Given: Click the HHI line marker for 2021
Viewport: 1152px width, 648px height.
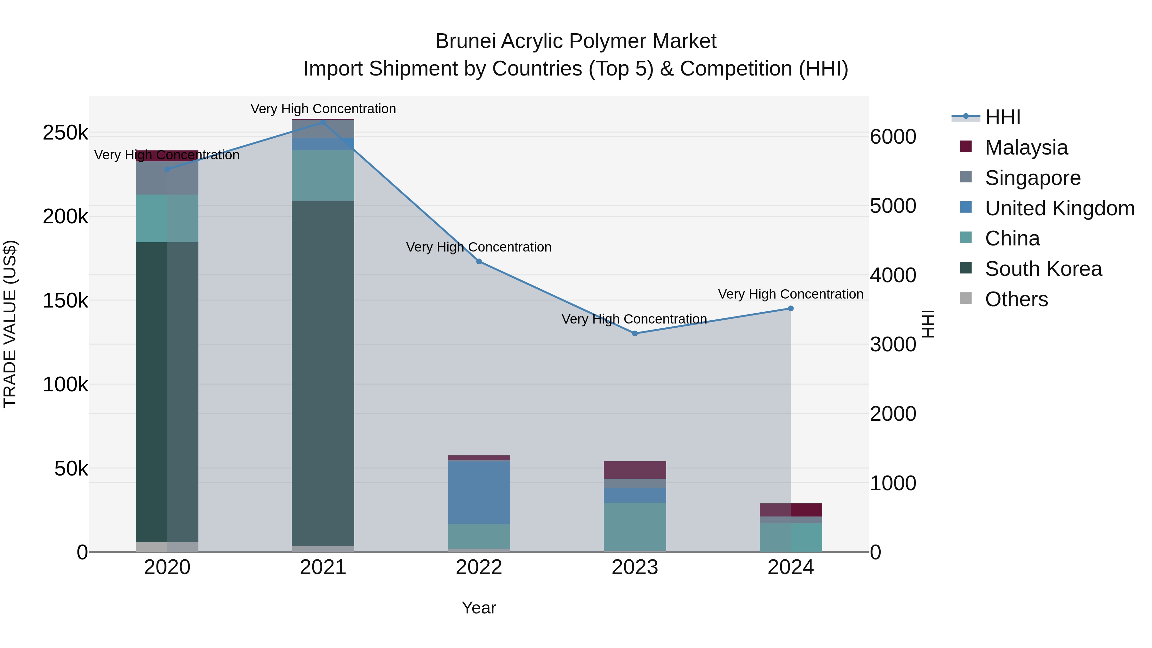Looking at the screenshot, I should [x=323, y=122].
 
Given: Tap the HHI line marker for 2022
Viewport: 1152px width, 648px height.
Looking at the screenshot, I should [x=479, y=262].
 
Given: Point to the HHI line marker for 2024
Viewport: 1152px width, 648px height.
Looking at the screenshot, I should [x=791, y=308].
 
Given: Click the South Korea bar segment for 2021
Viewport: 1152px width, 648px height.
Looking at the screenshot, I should [x=323, y=373].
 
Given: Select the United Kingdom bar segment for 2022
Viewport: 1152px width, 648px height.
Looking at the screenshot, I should [x=479, y=492].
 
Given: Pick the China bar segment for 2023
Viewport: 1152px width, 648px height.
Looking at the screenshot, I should [x=635, y=526].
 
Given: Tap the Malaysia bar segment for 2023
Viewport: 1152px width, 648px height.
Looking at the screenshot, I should [x=635, y=470].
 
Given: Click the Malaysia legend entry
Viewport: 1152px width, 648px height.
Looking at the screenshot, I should [x=1026, y=148].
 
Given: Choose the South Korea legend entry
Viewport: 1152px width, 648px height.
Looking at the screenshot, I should [x=1043, y=269].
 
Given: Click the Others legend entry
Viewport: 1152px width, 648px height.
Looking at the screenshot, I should [x=1016, y=299].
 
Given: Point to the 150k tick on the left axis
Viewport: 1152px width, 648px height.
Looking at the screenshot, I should [x=65, y=300].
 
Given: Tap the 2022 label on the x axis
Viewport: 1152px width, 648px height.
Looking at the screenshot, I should [x=479, y=567].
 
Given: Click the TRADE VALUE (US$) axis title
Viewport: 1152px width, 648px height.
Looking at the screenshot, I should [x=10, y=324].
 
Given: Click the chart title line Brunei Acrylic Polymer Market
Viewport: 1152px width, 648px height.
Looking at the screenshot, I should [x=576, y=41].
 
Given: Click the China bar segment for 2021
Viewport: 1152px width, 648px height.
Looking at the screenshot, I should [x=323, y=175].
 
